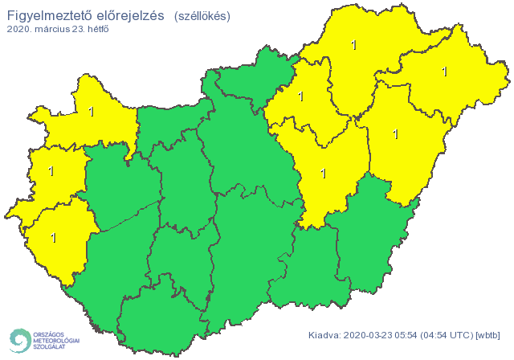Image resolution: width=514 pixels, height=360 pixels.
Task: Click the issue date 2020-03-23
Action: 370,335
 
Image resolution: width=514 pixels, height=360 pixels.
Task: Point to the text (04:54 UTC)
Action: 450,335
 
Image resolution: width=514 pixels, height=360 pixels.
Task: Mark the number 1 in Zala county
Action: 54,238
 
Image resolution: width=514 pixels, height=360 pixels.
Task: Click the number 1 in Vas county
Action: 51,171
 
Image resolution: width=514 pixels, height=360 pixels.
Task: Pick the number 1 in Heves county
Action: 300,97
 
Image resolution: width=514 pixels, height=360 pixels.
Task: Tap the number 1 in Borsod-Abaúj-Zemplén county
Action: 354,46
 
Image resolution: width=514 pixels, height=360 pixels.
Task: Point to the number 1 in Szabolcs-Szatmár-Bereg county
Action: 444,72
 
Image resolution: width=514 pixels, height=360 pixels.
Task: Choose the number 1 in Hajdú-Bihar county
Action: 394,134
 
